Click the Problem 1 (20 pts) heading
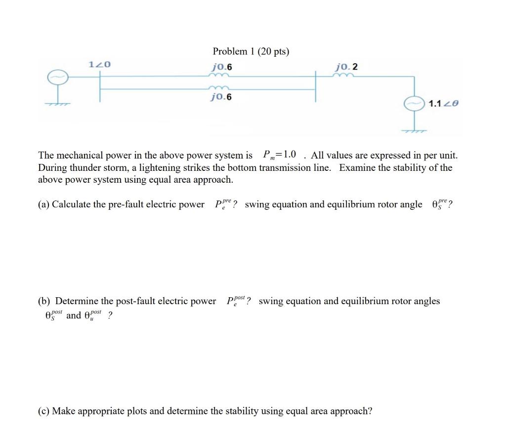251,51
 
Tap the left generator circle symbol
56,78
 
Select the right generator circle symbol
413,104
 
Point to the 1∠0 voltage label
99,64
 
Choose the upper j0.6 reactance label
221,67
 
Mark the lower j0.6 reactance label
220,97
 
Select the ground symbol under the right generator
414,131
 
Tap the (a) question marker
44,204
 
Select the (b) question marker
44,301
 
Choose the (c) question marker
44,411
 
